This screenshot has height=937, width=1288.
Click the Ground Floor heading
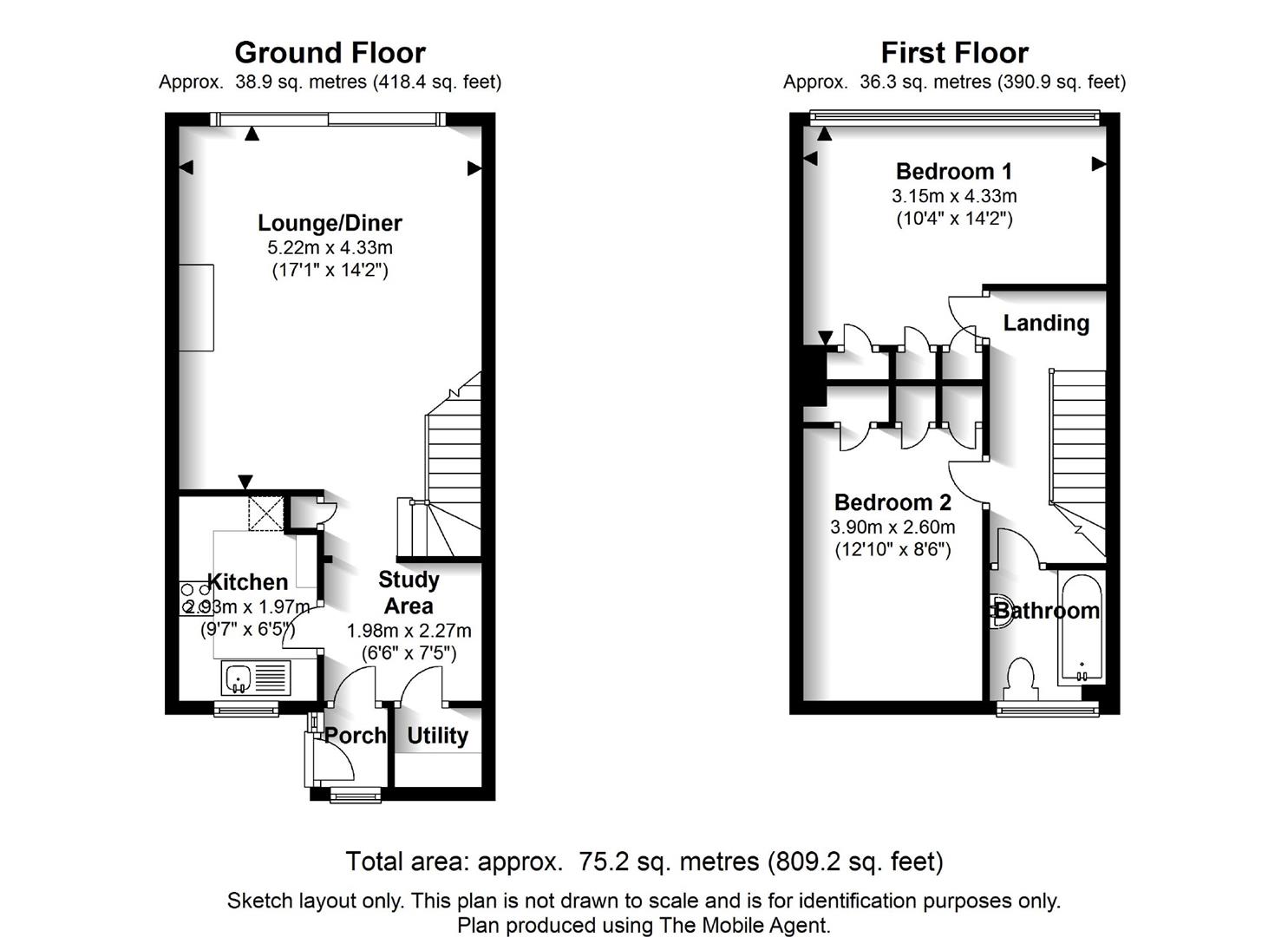click(x=330, y=53)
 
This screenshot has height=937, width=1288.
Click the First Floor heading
click(x=954, y=53)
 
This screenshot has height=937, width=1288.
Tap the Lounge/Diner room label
click(x=330, y=223)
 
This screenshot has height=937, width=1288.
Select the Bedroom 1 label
click(x=954, y=172)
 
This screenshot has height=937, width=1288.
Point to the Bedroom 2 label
click(x=892, y=502)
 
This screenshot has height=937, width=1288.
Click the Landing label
click(x=1046, y=324)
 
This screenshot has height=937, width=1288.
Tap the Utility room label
click(x=438, y=736)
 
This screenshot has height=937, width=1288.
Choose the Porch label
click(x=355, y=735)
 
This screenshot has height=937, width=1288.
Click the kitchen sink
click(x=256, y=678)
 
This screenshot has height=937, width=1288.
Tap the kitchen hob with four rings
click(x=195, y=599)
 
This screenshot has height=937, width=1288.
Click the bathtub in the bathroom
click(x=1082, y=628)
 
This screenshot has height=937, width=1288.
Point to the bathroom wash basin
click(x=997, y=611)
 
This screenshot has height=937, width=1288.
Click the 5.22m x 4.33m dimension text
click(x=330, y=248)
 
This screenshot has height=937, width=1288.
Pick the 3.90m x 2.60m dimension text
click(x=892, y=527)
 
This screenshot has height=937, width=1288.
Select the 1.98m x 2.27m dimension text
click(x=409, y=631)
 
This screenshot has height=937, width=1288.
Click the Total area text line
click(x=644, y=861)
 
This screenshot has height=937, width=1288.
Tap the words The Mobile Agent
click(x=744, y=925)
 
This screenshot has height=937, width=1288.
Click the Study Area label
click(x=409, y=593)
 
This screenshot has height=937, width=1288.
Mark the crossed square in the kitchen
click(x=265, y=514)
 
